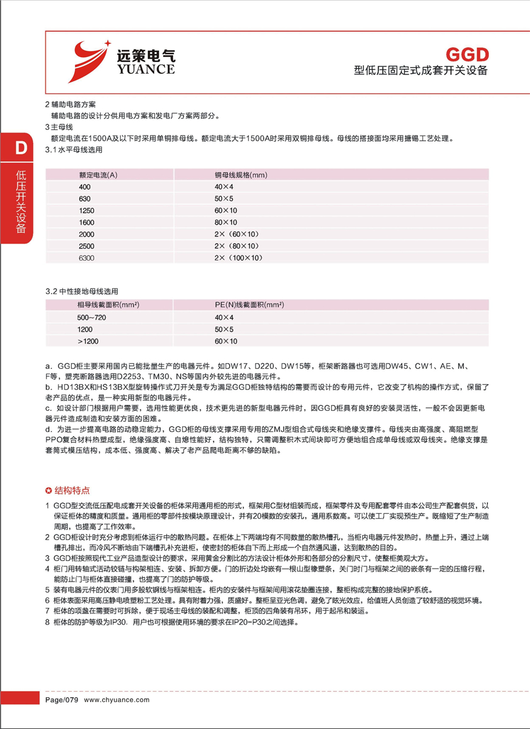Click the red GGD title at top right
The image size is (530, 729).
click(467, 55)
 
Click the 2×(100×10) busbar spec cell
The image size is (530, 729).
click(238, 258)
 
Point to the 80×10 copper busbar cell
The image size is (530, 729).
click(226, 222)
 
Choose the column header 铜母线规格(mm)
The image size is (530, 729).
click(241, 175)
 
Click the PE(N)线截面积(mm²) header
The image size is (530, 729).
click(249, 305)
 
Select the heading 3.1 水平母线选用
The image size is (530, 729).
click(74, 150)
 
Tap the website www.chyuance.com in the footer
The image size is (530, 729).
click(117, 700)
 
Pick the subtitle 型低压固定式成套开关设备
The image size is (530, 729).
click(421, 70)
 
